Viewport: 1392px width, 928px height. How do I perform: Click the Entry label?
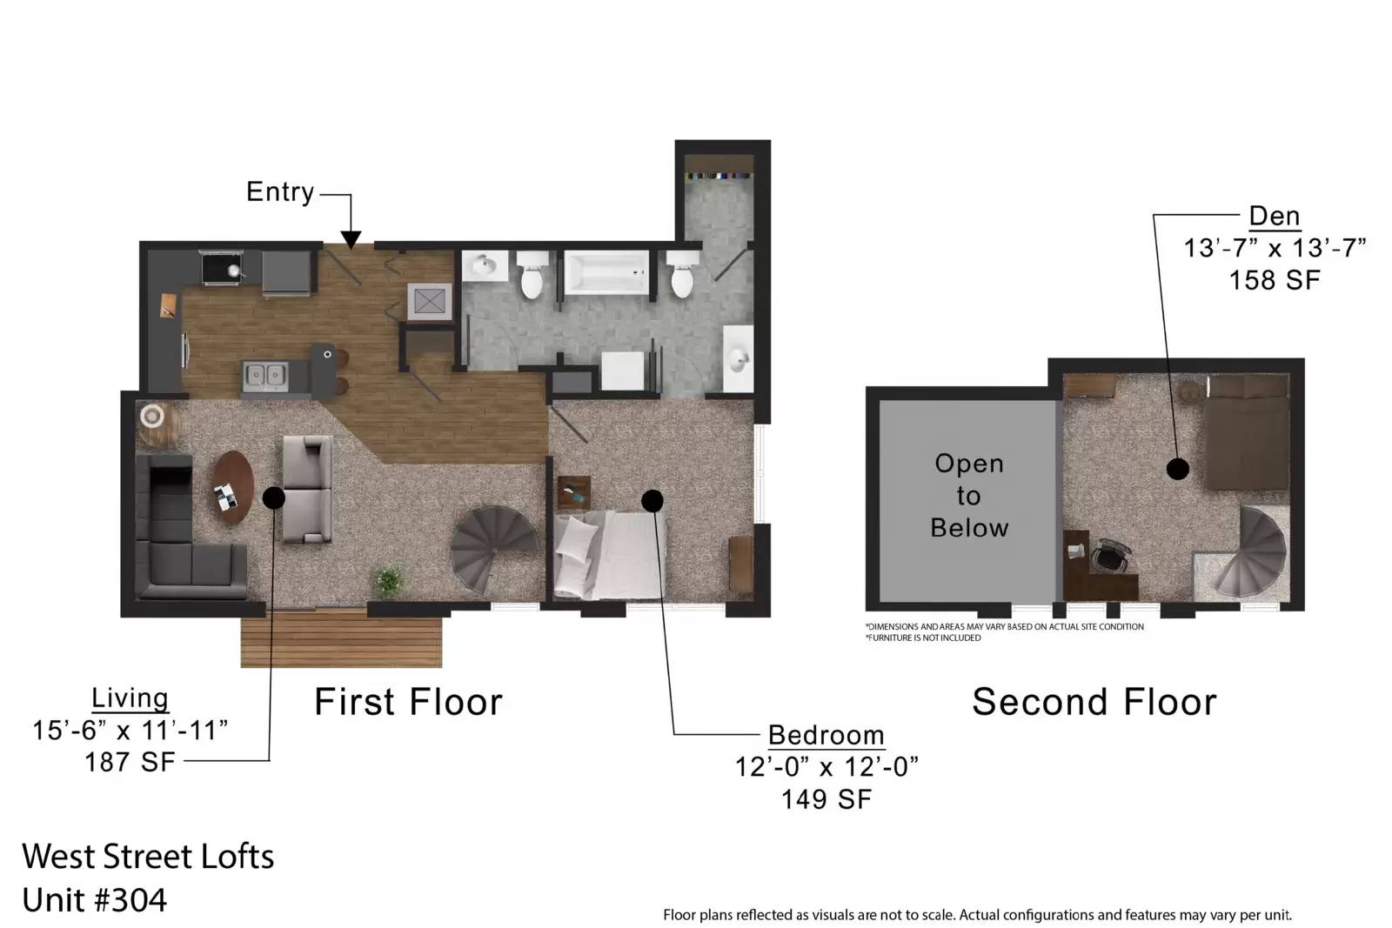point(279,192)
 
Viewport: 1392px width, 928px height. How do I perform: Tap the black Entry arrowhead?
point(351,240)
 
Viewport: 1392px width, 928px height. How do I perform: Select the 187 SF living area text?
point(130,762)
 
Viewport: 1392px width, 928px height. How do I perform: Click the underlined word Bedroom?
point(826,736)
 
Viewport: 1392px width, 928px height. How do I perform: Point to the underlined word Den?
point(1275,217)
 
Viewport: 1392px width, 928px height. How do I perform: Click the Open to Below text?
point(969,496)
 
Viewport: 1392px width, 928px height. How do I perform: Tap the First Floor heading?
point(408,702)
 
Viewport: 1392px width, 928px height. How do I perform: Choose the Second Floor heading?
point(1094,702)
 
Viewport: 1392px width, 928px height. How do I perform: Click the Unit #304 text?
point(95,900)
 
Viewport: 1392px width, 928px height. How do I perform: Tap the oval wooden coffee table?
point(232,486)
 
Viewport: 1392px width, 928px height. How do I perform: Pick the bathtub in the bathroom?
point(606,272)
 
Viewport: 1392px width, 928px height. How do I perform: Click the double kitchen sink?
point(265,376)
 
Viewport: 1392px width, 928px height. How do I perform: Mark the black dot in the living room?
point(273,497)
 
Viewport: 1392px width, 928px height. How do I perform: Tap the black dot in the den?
point(1178,468)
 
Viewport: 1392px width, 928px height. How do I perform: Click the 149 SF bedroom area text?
point(826,799)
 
